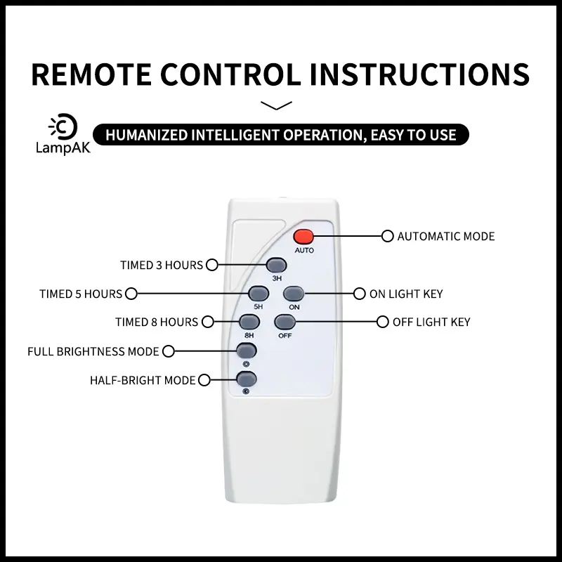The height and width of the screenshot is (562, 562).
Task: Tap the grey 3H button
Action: click(x=276, y=266)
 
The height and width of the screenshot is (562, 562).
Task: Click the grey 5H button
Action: click(x=259, y=294)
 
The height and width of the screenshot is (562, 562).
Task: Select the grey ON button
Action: click(x=294, y=294)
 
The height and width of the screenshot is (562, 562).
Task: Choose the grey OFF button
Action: click(x=285, y=322)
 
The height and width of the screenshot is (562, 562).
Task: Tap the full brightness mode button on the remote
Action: click(x=247, y=351)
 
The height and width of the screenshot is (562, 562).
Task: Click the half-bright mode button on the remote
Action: click(x=247, y=379)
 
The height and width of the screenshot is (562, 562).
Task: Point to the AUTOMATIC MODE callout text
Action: click(x=446, y=236)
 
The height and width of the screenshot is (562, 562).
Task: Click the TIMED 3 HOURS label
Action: click(x=162, y=266)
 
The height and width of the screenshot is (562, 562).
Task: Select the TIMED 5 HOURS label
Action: click(x=81, y=294)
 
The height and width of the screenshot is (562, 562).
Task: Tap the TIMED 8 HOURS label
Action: click(x=157, y=322)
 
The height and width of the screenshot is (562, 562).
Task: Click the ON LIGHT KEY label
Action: click(x=406, y=294)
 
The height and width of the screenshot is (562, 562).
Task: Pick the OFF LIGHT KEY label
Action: click(x=431, y=322)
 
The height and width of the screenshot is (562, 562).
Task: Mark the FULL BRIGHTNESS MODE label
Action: click(x=93, y=352)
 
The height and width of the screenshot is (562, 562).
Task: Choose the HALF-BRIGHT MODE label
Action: click(x=143, y=380)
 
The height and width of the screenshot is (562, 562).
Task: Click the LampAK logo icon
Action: click(x=63, y=126)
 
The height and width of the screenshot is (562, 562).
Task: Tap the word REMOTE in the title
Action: click(x=91, y=74)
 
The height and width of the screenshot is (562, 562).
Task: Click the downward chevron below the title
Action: click(x=276, y=105)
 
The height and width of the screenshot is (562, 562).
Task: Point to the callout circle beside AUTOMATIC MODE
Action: click(x=388, y=236)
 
